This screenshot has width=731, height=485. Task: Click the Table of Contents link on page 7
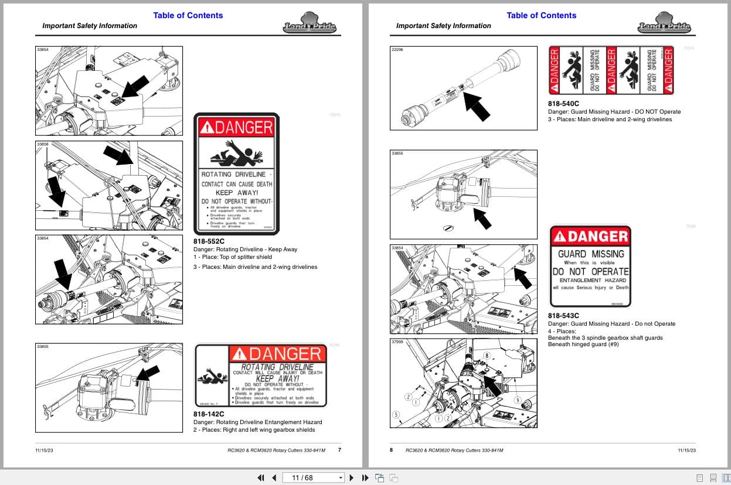188,15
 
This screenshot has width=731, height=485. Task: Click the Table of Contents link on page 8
541,15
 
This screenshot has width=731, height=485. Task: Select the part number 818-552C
209,241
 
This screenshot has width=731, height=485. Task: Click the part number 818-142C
209,414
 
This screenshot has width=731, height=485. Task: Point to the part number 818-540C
563,104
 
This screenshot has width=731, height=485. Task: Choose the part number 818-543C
563,315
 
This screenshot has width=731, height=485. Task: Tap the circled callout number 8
486,356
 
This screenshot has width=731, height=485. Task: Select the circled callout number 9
518,400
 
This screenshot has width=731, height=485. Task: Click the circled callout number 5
396,415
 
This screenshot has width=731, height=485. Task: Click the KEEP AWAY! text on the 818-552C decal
236,193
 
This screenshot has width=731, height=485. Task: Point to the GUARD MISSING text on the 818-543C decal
590,254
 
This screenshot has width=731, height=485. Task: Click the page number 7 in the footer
339,450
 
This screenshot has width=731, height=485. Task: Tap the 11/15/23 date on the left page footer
45,450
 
